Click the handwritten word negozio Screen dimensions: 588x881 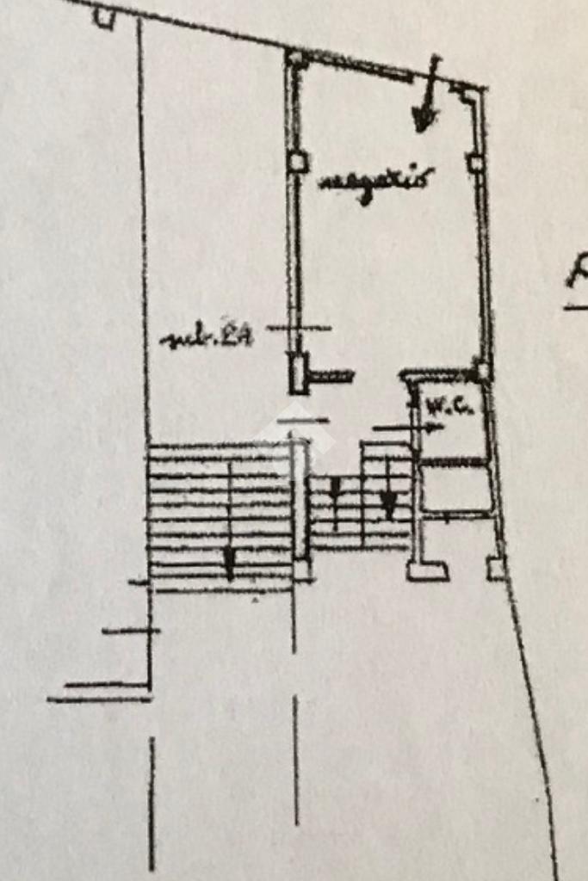[374, 182]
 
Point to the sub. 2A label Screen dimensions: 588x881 [207, 338]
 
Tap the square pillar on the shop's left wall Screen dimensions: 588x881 [298, 161]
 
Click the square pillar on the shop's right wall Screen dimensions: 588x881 [474, 162]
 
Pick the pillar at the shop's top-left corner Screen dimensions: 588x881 [296, 59]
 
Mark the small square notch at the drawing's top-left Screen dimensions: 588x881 [104, 17]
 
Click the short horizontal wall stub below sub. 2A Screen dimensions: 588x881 [332, 376]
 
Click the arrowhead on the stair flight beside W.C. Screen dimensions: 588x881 [389, 503]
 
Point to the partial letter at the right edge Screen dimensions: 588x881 [577, 280]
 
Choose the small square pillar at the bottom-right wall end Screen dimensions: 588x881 [496, 568]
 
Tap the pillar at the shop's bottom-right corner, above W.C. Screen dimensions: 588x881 [483, 371]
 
